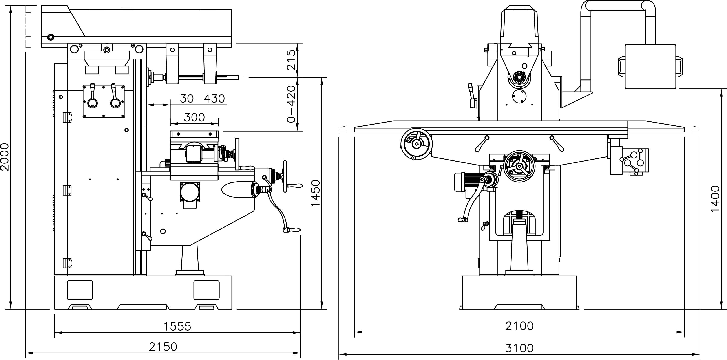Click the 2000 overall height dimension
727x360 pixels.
5,157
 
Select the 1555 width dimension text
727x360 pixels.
177,326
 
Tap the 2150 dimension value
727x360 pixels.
163,347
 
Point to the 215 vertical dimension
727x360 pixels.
291,60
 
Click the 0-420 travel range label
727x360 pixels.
291,104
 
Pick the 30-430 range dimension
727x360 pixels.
202,99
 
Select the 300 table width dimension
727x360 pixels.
194,118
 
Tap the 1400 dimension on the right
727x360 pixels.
715,198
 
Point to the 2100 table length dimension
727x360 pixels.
519,326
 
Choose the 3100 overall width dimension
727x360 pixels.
519,348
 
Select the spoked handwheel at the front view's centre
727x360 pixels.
519,166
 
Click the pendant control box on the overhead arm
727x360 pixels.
650,67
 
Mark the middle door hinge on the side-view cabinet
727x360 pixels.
67,190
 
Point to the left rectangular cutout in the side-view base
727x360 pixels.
80,290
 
